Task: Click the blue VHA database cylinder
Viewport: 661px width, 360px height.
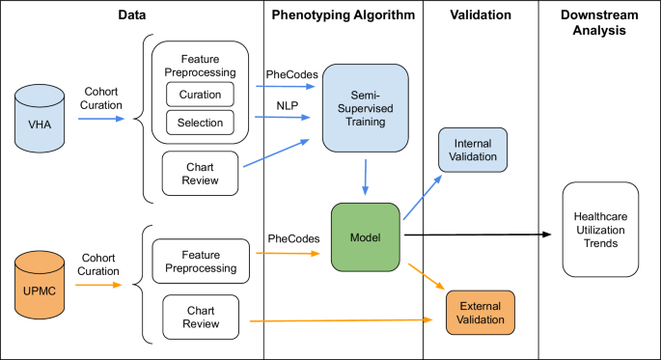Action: pos(41,120)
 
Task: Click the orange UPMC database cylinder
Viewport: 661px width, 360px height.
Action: pos(41,282)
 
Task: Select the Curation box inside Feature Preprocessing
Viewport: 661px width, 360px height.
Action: pos(200,95)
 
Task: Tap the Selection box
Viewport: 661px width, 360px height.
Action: pos(200,123)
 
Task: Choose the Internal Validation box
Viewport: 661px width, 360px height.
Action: pos(472,151)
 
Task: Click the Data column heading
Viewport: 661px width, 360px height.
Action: pos(132,16)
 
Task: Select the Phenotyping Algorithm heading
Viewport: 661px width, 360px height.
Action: pos(343,16)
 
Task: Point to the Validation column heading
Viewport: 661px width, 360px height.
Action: pos(480,16)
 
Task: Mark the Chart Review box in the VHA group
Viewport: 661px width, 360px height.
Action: pos(200,173)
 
